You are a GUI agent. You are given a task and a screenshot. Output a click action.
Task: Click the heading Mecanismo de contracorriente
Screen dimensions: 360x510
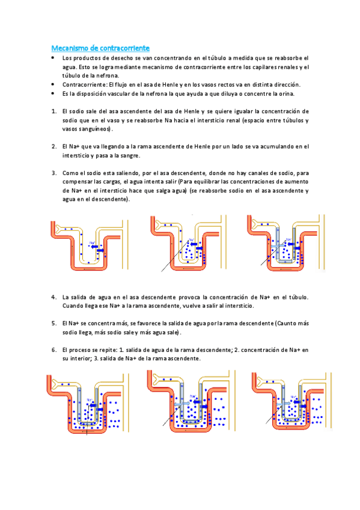click(x=100, y=48)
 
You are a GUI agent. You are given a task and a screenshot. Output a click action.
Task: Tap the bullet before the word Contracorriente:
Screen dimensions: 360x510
click(x=53, y=84)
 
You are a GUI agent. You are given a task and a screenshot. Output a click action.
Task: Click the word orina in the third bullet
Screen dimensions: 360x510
click(x=286, y=94)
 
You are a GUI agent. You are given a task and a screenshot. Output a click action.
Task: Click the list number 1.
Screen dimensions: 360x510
click(x=54, y=111)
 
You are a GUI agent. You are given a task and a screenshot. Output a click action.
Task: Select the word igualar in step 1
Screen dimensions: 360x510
click(x=243, y=112)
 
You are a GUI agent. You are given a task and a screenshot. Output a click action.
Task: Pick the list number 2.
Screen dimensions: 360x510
click(x=54, y=146)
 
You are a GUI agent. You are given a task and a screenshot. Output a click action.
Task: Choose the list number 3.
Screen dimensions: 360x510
click(x=54, y=173)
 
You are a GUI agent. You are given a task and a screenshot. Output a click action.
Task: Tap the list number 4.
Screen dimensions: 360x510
click(x=54, y=297)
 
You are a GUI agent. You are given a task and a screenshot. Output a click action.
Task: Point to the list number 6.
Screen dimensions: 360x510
click(x=54, y=350)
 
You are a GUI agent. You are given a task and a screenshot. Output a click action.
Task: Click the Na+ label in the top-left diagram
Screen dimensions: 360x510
click(x=93, y=242)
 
